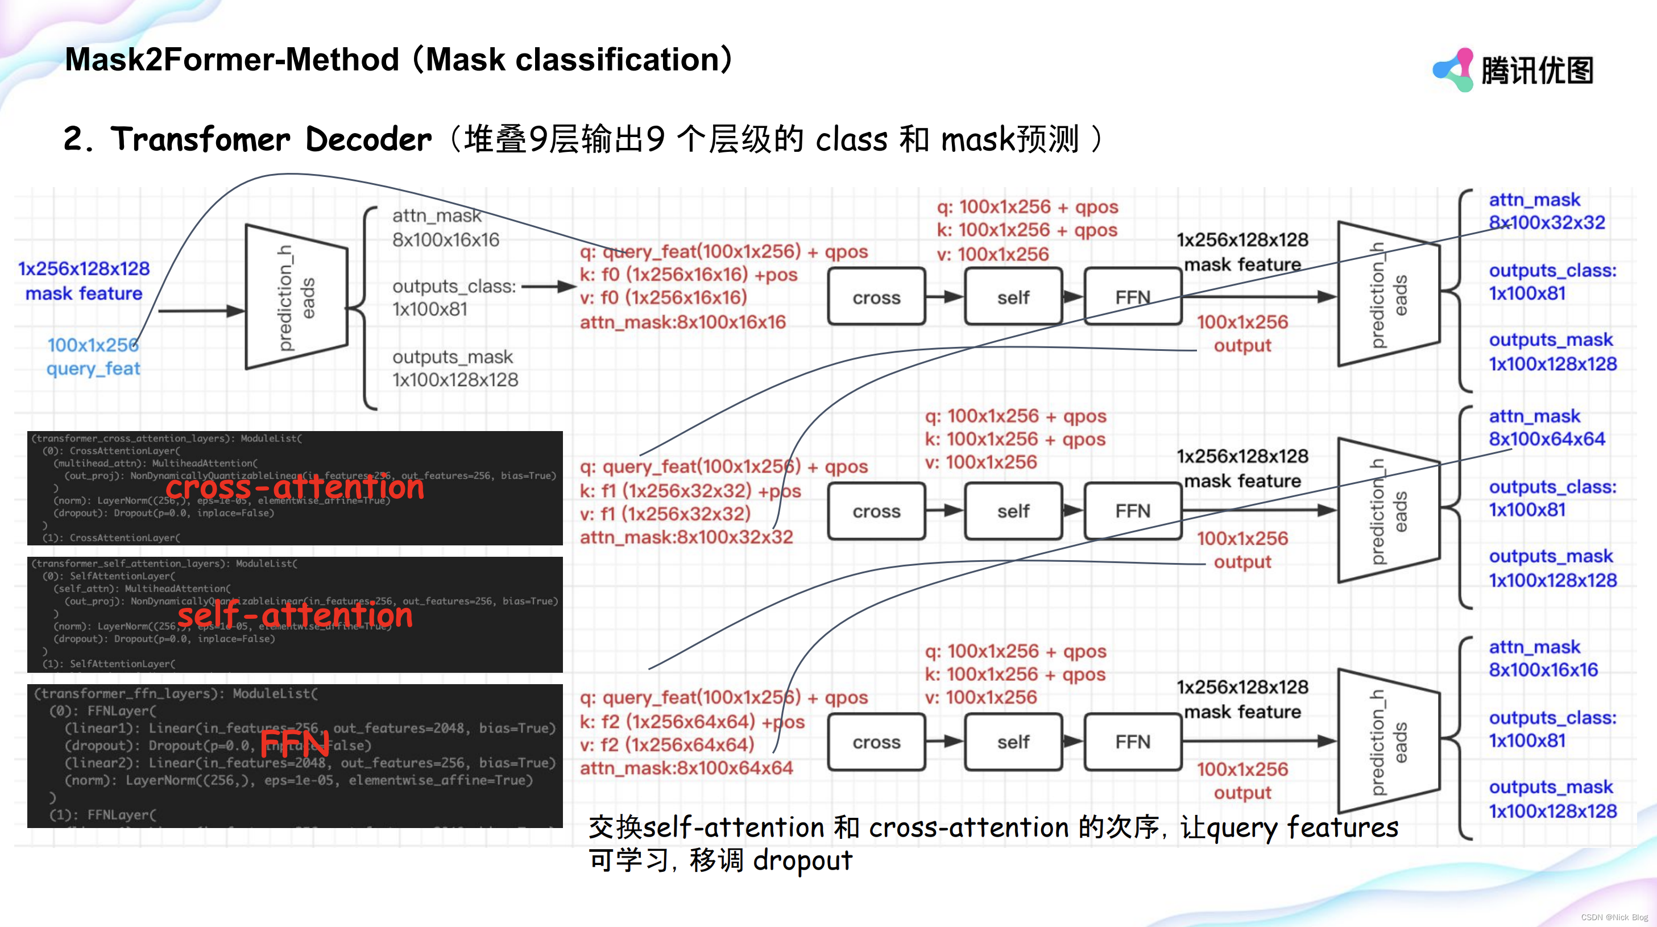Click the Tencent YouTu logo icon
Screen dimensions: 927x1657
point(1452,69)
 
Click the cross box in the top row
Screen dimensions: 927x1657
point(876,297)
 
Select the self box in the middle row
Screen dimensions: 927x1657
point(1013,511)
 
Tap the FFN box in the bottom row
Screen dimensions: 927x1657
point(1132,742)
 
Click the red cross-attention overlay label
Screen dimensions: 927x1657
point(295,487)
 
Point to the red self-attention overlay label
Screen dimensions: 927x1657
point(295,614)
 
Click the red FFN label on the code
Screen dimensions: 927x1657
point(295,742)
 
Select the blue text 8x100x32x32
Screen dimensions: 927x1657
point(1547,222)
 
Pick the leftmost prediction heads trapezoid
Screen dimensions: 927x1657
point(296,297)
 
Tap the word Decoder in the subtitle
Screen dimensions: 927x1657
point(368,139)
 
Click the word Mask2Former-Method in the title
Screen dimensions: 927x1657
point(232,60)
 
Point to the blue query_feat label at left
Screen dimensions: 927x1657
point(93,369)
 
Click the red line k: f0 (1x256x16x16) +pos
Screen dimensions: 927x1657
point(688,275)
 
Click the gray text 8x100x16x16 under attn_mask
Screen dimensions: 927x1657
point(446,240)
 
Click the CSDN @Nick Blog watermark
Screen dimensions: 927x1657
point(1614,917)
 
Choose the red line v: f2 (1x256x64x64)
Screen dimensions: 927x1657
point(666,744)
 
